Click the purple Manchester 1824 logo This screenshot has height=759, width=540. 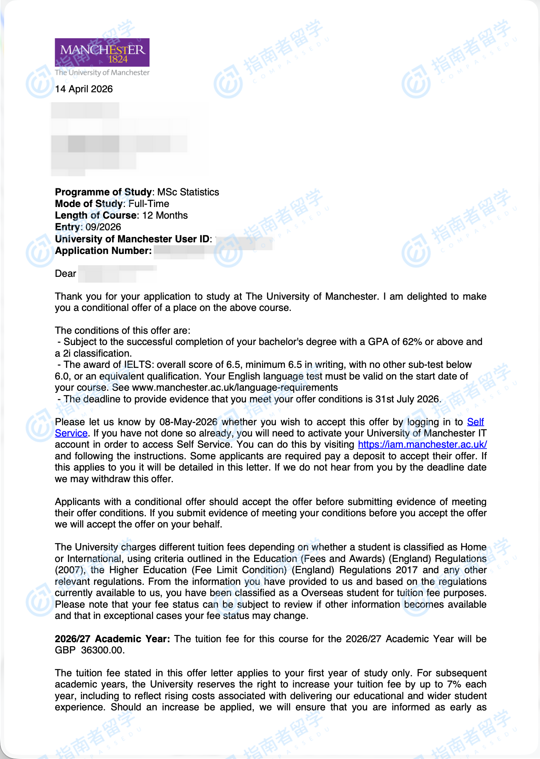(x=102, y=52)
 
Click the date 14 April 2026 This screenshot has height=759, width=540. (x=84, y=89)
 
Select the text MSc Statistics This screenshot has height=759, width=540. (x=188, y=192)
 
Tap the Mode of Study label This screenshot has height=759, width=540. (x=88, y=204)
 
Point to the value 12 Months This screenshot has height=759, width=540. (x=165, y=215)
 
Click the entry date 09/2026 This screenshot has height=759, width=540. (x=103, y=227)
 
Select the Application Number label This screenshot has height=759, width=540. (x=103, y=251)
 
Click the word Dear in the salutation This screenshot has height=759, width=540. (x=66, y=274)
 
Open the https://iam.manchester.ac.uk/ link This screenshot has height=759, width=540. (x=422, y=444)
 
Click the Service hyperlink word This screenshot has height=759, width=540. (x=71, y=433)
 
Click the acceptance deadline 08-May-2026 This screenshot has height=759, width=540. (x=188, y=422)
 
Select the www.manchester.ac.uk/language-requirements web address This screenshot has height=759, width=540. (x=235, y=387)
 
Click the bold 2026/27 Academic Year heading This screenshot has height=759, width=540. (x=112, y=639)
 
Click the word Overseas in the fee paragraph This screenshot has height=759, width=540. (x=323, y=593)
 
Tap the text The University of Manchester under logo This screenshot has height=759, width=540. (x=102, y=72)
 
